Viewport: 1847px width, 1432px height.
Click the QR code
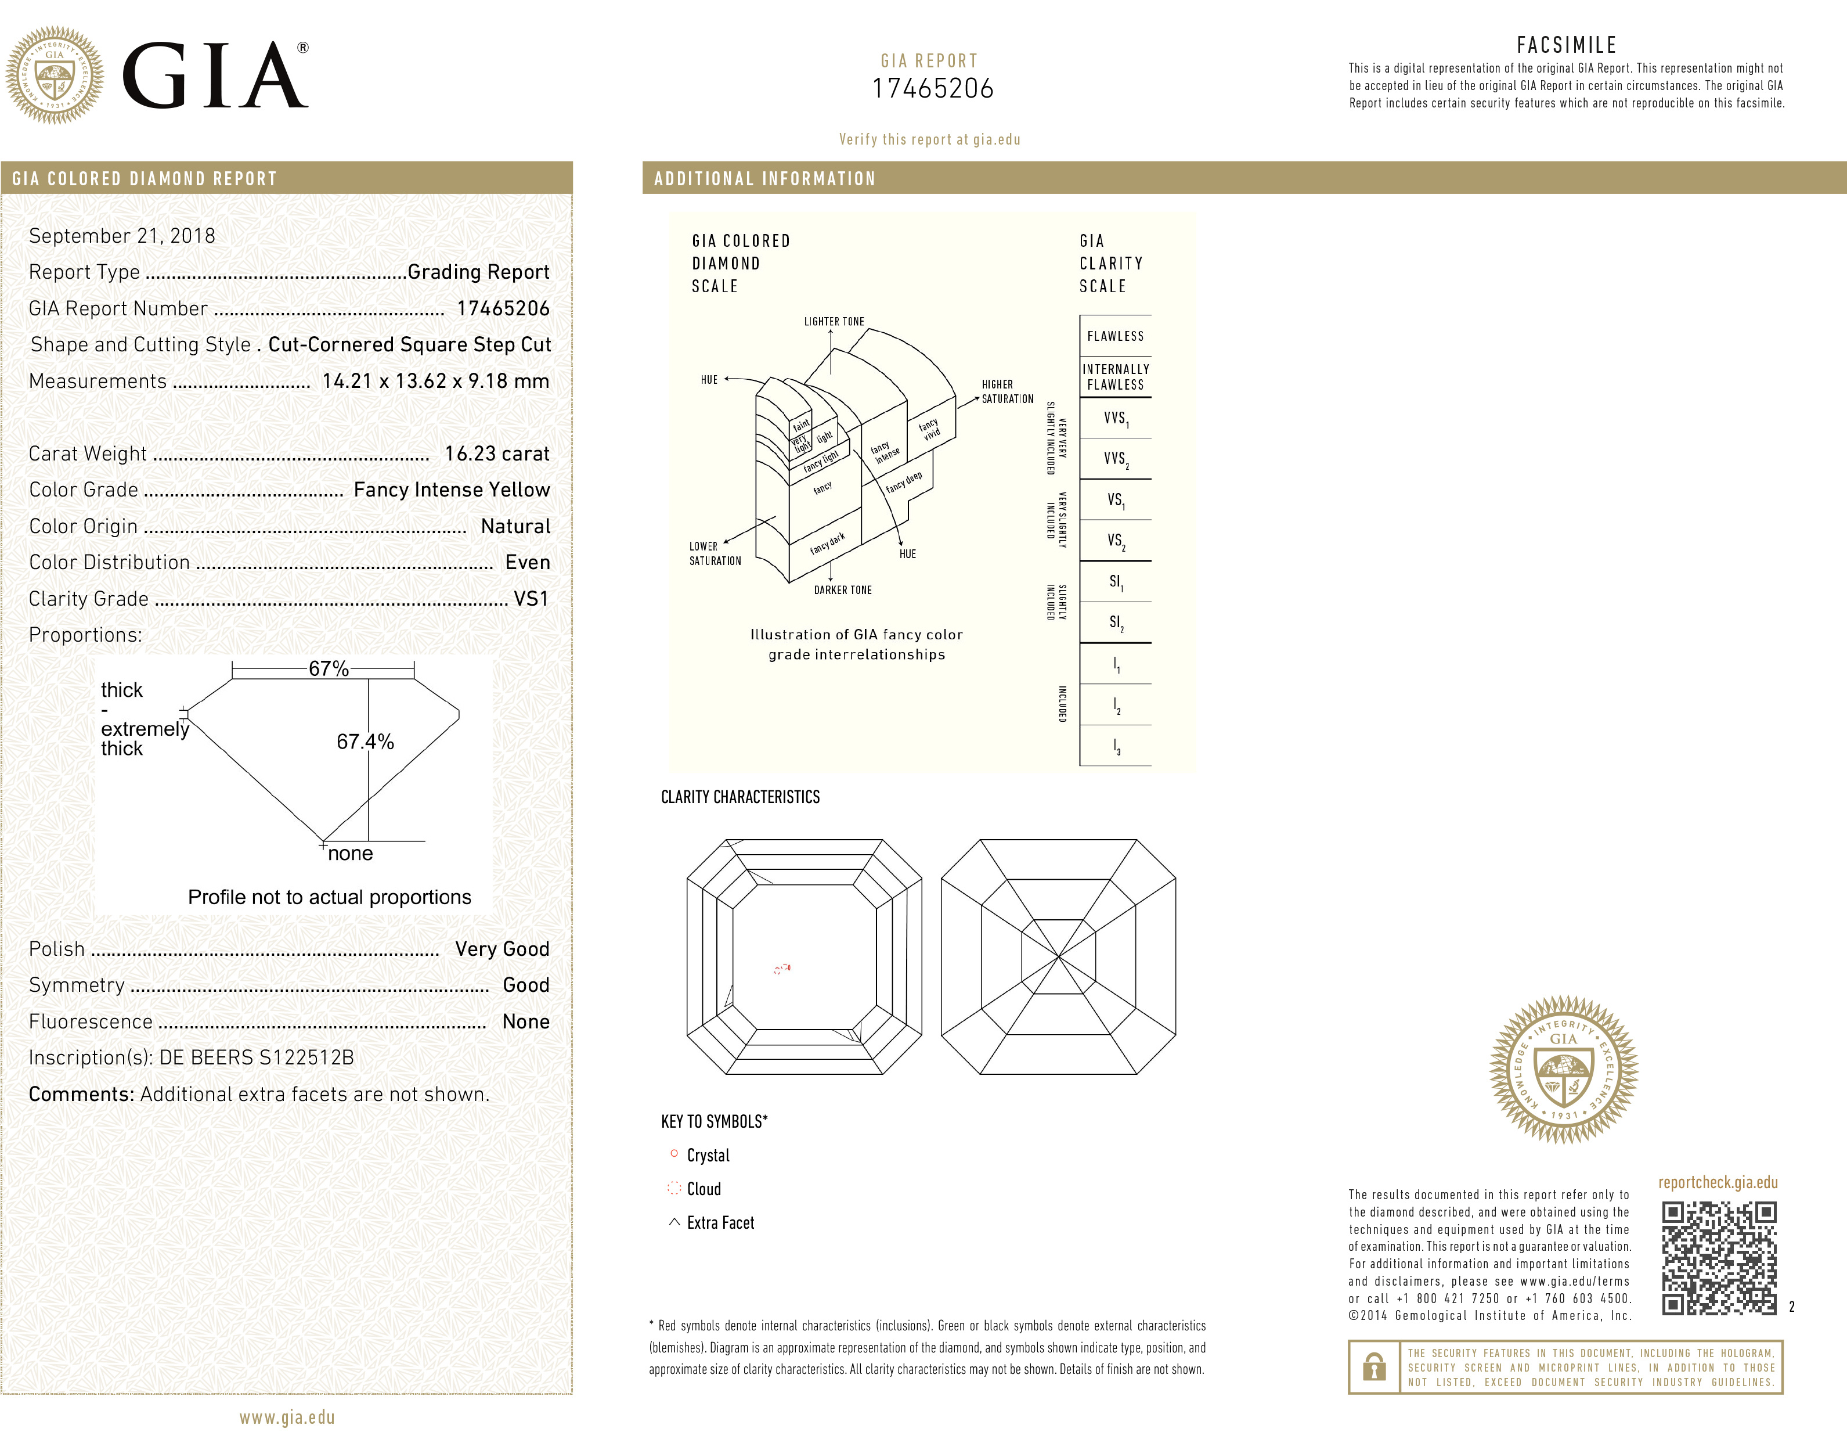(x=1719, y=1258)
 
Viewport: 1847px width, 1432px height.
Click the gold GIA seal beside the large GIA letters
(x=55, y=75)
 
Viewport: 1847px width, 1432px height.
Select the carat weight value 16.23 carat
(x=496, y=454)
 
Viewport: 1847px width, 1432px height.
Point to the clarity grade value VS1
(x=531, y=599)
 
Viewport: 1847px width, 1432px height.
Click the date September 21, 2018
(x=122, y=236)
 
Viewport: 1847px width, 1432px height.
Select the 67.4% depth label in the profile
(x=365, y=742)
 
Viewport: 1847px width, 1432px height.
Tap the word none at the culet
(x=350, y=854)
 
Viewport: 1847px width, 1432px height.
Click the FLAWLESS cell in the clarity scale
(x=1114, y=336)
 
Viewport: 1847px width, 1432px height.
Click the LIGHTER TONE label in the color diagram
(x=834, y=322)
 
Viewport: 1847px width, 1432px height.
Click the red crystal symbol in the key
(x=674, y=1154)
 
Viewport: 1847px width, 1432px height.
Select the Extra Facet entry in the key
(x=720, y=1222)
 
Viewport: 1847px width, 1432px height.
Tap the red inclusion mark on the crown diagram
(x=782, y=967)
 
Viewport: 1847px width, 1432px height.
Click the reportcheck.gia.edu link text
(x=1718, y=1182)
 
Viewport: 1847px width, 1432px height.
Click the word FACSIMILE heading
(x=1566, y=45)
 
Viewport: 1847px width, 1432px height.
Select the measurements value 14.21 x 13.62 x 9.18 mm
(x=435, y=382)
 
